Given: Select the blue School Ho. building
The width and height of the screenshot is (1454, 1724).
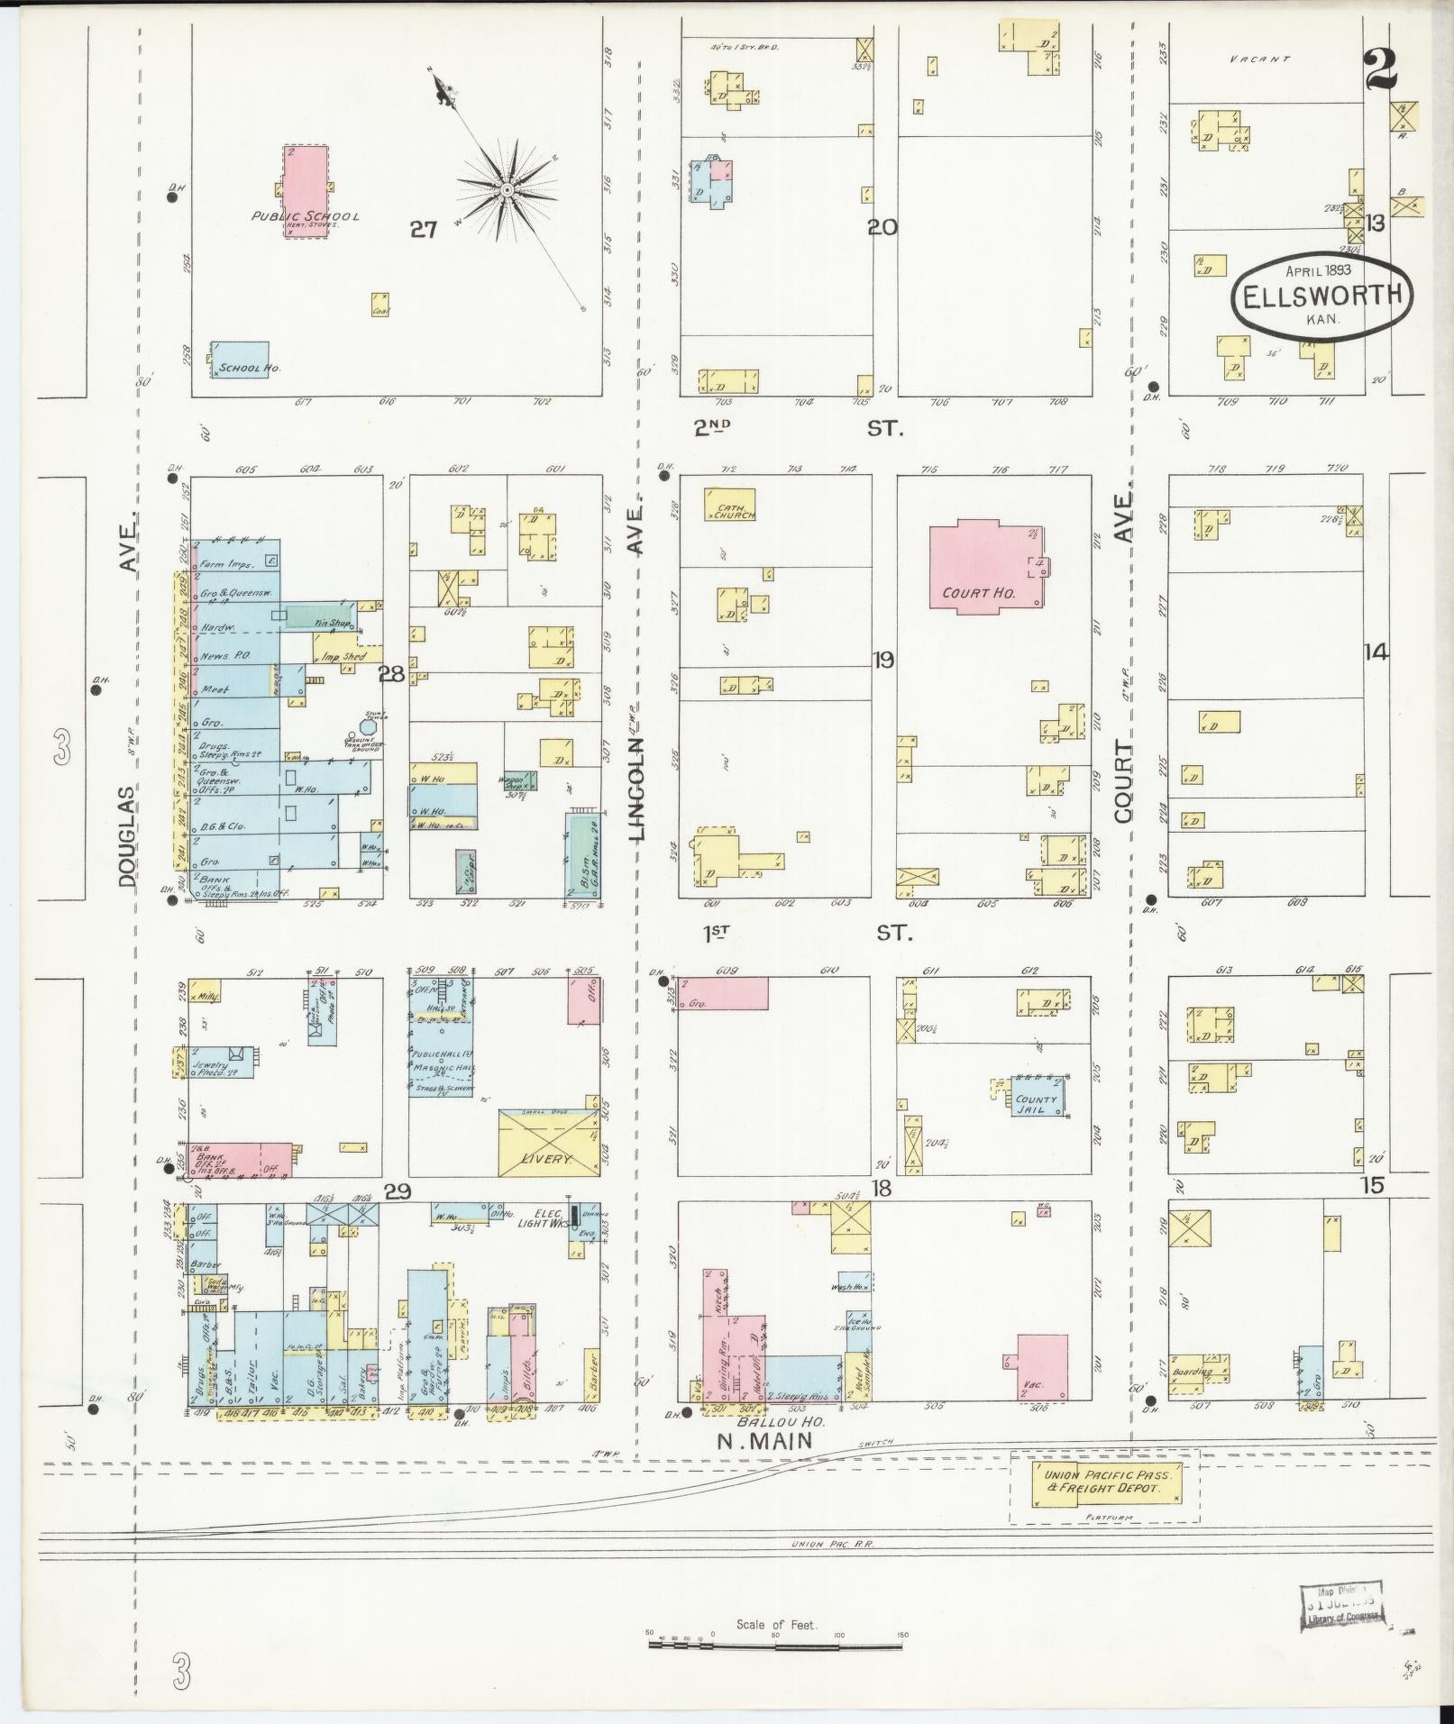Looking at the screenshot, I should pos(240,360).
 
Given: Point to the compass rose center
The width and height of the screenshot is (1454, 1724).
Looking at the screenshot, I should pos(508,190).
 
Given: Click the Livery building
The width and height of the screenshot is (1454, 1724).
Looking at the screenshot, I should pos(549,1142).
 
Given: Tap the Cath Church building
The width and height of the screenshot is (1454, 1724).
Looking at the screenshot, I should pos(730,505).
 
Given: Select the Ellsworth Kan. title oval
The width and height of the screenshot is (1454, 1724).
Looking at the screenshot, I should pos(1321,296).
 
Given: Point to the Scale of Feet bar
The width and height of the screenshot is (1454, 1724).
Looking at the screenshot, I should pos(775,1645).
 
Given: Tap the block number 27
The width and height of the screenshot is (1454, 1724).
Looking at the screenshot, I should pos(423,230).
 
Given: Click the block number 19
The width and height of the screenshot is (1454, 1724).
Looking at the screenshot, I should pos(882,661).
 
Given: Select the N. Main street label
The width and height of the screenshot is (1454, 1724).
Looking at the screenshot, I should pos(764,1442).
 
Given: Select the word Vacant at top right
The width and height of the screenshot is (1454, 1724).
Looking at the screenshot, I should pos(1260,59).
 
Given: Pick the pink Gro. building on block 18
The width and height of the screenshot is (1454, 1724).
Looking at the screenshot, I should pos(724,992).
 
